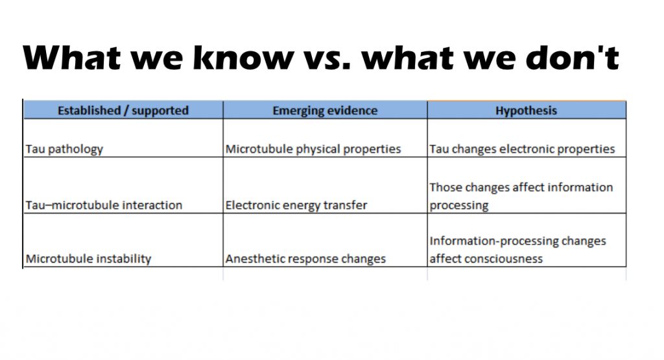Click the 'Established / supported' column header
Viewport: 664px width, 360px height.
[x=123, y=110]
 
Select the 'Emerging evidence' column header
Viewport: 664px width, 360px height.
[x=325, y=110]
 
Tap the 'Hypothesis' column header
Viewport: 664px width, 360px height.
[x=527, y=110]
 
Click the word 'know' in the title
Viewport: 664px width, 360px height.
[x=244, y=57]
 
